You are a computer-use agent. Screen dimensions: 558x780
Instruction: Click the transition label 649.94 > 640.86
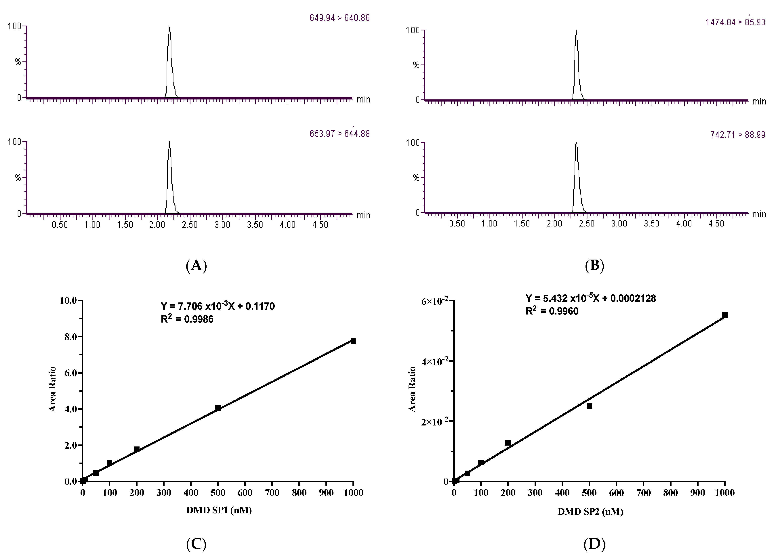click(x=339, y=18)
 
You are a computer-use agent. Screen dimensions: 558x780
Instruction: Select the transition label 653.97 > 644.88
click(x=339, y=134)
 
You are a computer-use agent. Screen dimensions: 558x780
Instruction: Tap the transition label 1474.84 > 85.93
click(x=735, y=22)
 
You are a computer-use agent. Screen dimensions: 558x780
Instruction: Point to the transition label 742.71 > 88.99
click(x=738, y=135)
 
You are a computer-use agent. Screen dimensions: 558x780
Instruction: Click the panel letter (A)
click(x=196, y=266)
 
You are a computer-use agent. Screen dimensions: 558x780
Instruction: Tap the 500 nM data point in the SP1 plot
click(x=218, y=408)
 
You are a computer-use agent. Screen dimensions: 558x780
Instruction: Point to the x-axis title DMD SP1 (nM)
click(x=219, y=510)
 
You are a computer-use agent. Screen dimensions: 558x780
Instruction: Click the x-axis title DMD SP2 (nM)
click(x=590, y=512)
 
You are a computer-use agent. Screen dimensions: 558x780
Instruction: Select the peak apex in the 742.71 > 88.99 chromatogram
click(x=576, y=143)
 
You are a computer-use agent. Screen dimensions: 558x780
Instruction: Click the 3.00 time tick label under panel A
click(x=222, y=225)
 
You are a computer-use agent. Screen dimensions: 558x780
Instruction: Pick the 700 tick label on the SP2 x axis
click(x=644, y=493)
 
